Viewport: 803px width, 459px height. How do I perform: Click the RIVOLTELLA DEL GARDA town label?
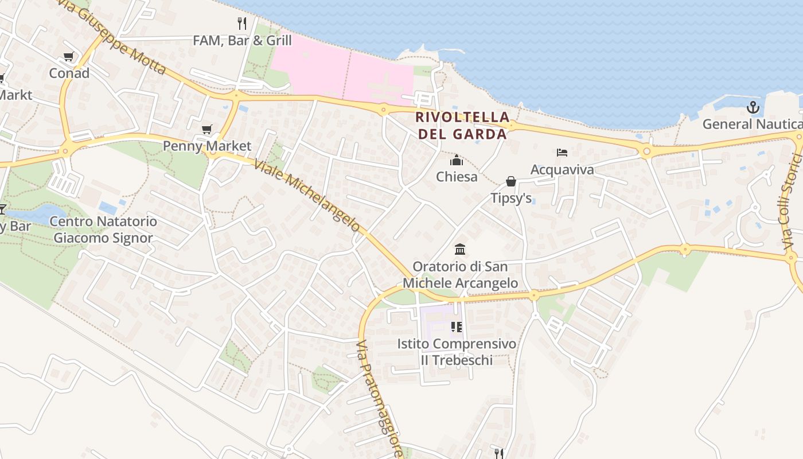tap(462, 126)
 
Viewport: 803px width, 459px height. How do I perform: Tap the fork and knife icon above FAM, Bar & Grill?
tap(242, 24)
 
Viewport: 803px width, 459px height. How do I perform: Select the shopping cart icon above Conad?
tap(69, 56)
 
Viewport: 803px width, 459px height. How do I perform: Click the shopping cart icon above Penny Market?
tap(207, 130)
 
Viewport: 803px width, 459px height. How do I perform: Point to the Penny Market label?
tap(207, 146)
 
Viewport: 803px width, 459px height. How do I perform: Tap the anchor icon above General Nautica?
tap(753, 107)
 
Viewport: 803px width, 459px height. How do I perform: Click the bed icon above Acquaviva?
tap(562, 153)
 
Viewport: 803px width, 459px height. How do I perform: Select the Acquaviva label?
tap(562, 169)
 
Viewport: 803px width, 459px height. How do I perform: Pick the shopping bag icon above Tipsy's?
tap(511, 182)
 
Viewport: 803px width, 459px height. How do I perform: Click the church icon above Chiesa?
tap(457, 160)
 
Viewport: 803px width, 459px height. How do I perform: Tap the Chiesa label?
tap(457, 177)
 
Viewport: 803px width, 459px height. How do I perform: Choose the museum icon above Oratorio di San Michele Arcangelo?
tap(460, 250)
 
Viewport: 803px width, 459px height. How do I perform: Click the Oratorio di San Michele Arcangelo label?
tap(460, 275)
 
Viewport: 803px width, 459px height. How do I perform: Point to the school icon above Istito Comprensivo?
tap(457, 327)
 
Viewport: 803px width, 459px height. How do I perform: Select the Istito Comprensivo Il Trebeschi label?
tap(457, 352)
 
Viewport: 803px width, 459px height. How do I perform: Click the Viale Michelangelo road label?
tap(307, 195)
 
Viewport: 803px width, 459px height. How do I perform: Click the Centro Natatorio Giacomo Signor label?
tap(103, 229)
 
